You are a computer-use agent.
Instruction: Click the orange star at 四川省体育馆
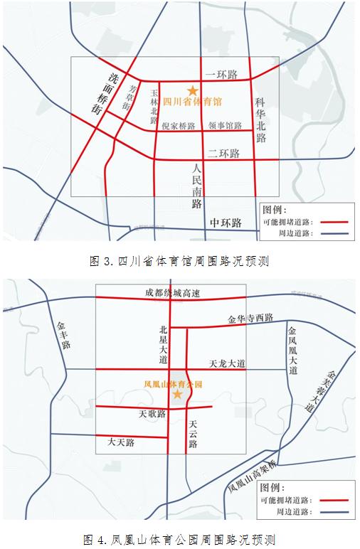pyautogui.click(x=191, y=90)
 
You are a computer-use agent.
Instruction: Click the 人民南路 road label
pyautogui.click(x=197, y=186)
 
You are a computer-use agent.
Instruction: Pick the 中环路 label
pyautogui.click(x=226, y=223)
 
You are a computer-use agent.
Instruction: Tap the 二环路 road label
pyautogui.click(x=223, y=154)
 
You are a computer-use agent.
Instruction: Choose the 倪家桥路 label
pyautogui.click(x=178, y=126)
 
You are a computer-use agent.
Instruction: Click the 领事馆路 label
pyautogui.click(x=225, y=126)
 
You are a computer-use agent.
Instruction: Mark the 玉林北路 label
pyautogui.click(x=154, y=105)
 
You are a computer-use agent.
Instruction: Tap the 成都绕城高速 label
pyautogui.click(x=172, y=294)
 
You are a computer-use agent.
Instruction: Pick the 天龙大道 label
pyautogui.click(x=227, y=363)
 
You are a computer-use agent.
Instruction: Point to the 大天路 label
pyautogui.click(x=121, y=442)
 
